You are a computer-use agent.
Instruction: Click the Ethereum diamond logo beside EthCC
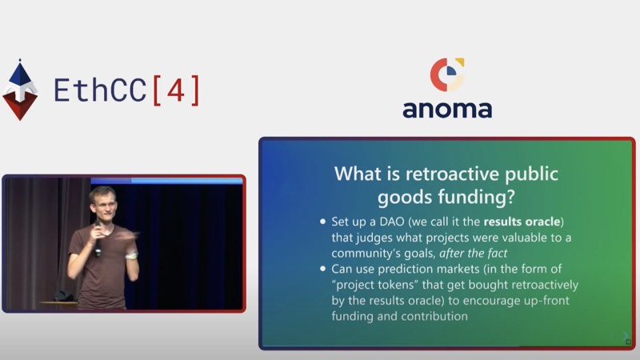[x=20, y=90]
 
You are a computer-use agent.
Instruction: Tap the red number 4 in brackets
[x=176, y=90]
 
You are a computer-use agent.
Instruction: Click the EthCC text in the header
[x=100, y=90]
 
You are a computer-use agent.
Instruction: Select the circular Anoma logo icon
[x=447, y=74]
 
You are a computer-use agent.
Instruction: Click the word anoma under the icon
[x=447, y=110]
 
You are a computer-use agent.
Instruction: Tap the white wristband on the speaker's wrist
[x=131, y=256]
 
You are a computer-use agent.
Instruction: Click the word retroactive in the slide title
[x=452, y=174]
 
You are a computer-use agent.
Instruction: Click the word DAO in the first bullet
[x=392, y=222]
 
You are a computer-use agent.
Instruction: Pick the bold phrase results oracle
[x=522, y=222]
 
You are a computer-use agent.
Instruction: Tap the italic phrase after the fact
[x=473, y=253]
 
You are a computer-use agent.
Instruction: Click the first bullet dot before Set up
[x=323, y=222]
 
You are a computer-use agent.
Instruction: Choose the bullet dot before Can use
[x=323, y=269]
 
